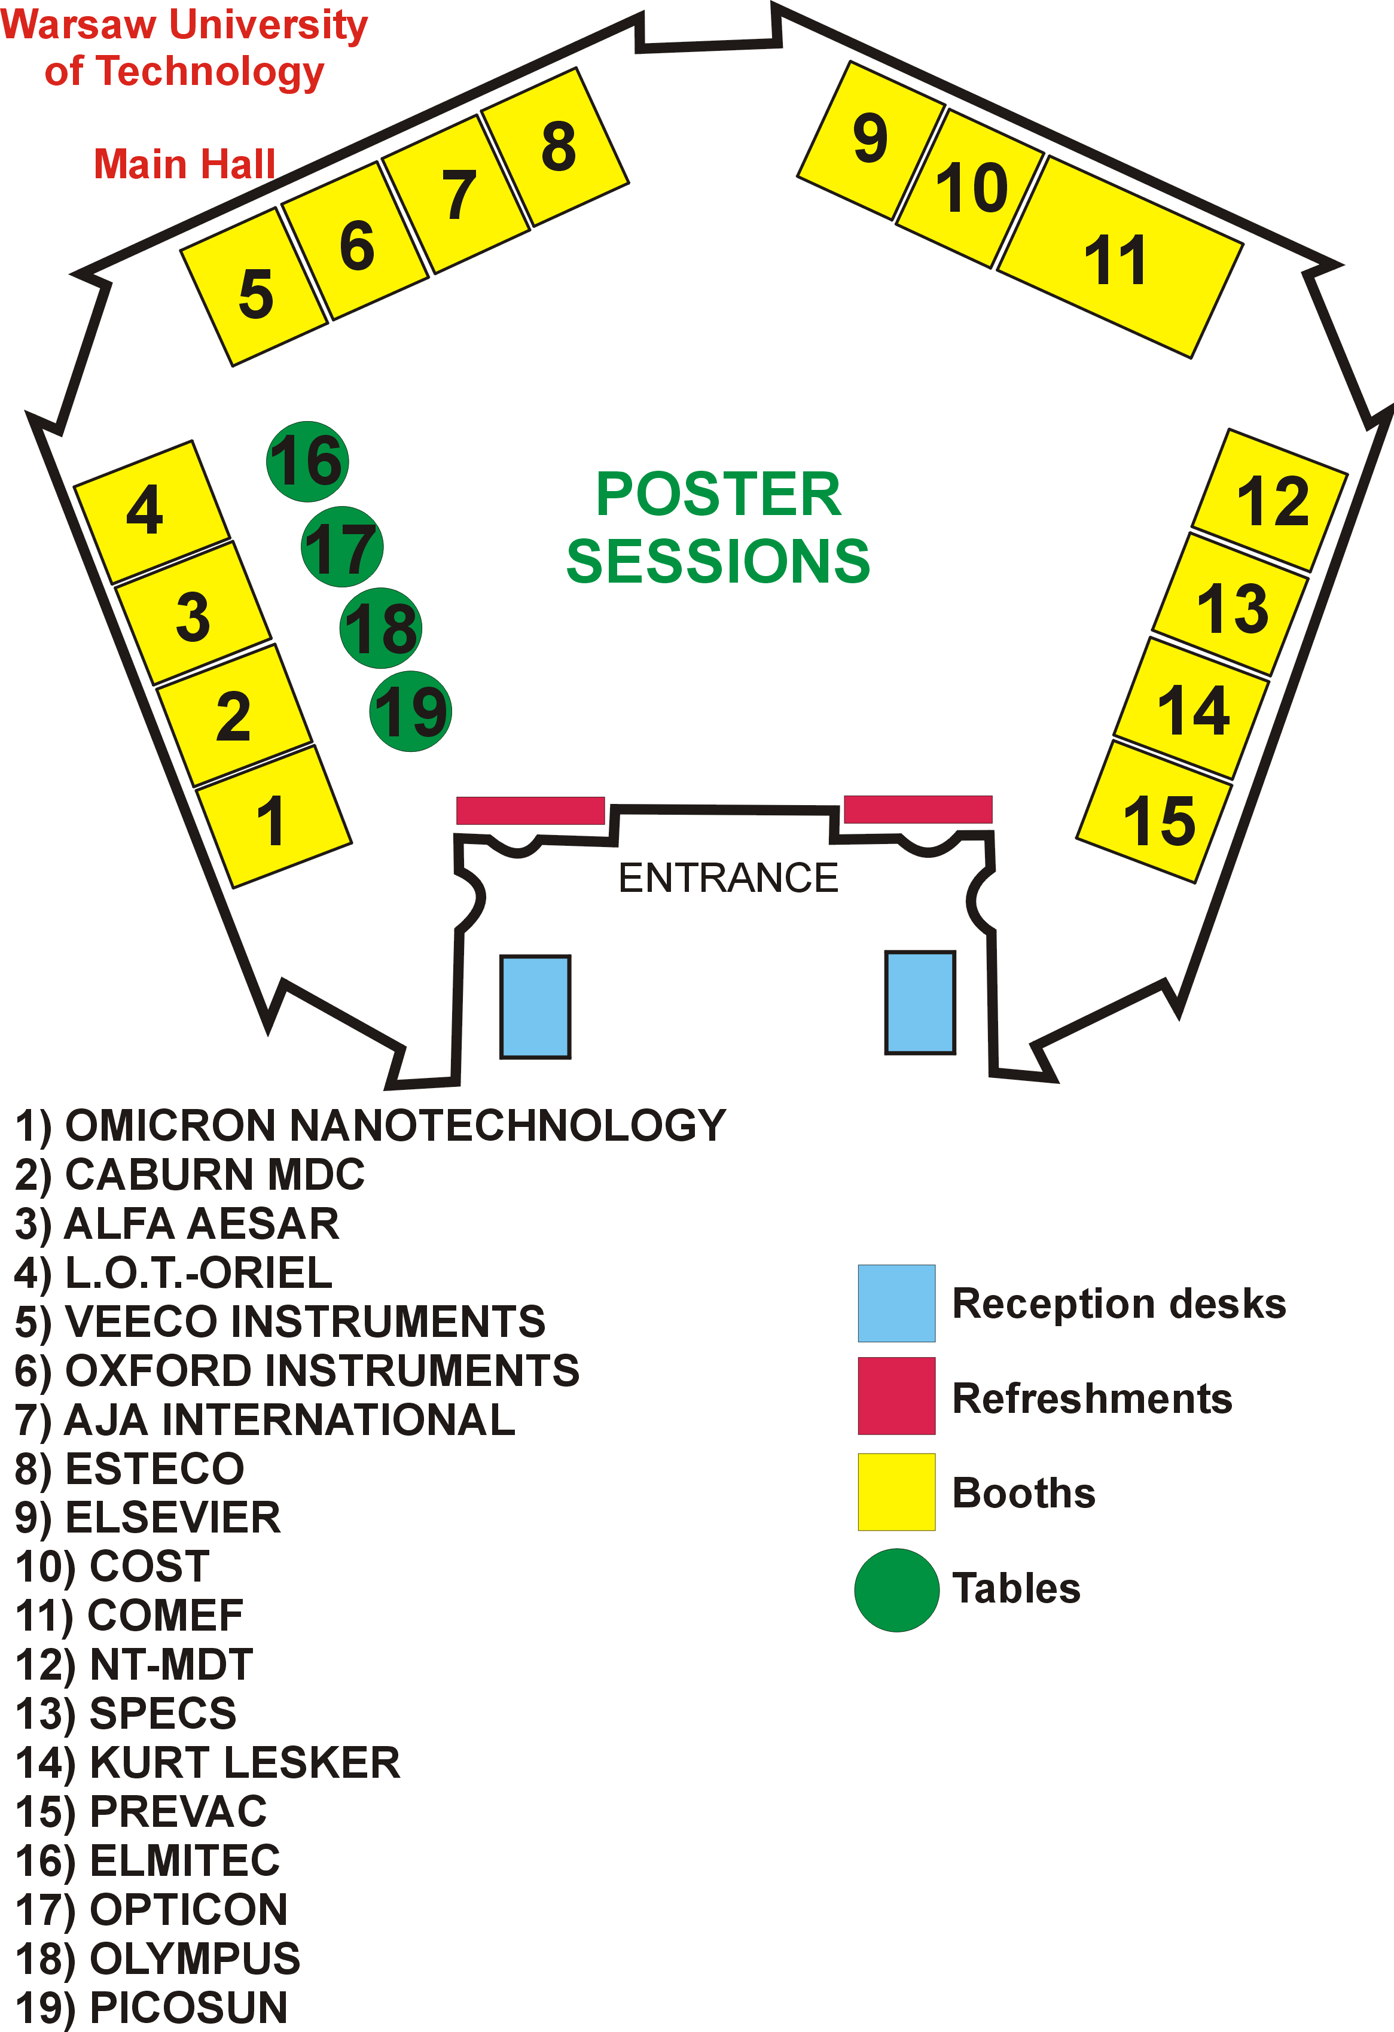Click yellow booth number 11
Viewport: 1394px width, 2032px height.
[x=1120, y=258]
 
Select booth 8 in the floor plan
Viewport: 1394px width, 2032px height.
[x=556, y=147]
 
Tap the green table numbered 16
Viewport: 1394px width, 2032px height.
[x=307, y=461]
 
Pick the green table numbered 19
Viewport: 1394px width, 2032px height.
[x=411, y=711]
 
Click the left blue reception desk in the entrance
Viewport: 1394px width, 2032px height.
[x=535, y=1006]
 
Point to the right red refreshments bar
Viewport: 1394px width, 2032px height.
[x=918, y=809]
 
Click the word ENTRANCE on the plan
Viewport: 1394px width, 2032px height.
[x=728, y=878]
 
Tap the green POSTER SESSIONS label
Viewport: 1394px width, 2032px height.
[x=718, y=527]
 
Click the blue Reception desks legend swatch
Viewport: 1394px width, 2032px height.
[x=896, y=1303]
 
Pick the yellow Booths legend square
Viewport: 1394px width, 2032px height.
[x=896, y=1492]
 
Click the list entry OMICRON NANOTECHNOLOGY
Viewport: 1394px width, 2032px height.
[x=395, y=1125]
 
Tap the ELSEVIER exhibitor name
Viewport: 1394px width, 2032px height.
[x=173, y=1517]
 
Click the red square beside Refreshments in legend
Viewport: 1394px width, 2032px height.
[x=896, y=1396]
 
